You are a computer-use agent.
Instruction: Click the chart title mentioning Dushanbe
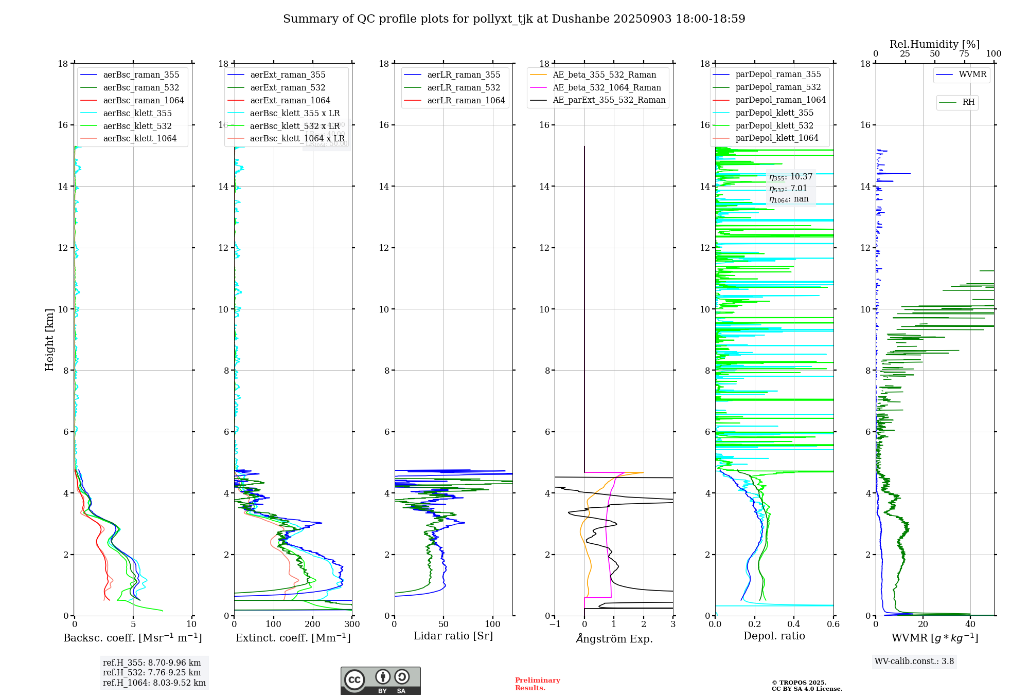click(514, 19)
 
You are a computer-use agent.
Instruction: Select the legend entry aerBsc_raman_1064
click(143, 100)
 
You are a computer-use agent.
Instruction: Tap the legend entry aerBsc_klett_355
click(137, 113)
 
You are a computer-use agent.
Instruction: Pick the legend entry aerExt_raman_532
click(288, 87)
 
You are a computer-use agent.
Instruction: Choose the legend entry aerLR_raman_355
click(464, 75)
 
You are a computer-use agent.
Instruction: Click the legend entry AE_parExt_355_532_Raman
click(609, 100)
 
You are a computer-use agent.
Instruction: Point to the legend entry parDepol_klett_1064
click(776, 138)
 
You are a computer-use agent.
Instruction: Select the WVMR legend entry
click(972, 75)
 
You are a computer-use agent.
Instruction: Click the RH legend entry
click(968, 102)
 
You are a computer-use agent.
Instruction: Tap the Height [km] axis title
click(49, 339)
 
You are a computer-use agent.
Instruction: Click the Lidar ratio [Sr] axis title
click(453, 636)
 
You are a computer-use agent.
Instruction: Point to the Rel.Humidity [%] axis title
click(934, 44)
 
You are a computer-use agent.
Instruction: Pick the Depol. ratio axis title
click(774, 636)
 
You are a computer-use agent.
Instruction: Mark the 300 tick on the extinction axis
click(352, 624)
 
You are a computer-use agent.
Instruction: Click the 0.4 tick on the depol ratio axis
click(794, 624)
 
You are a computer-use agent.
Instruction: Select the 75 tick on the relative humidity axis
click(964, 54)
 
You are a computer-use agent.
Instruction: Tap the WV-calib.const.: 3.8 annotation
click(914, 661)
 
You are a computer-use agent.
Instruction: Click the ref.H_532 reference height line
click(152, 672)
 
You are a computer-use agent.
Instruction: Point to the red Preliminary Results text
click(537, 684)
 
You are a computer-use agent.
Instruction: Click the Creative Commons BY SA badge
click(380, 680)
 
